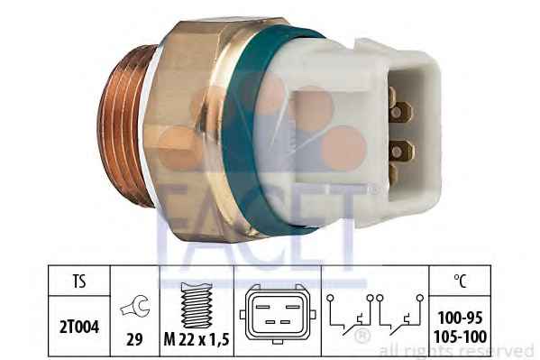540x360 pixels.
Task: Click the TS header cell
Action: pos(79,281)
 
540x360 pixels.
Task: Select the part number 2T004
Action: pos(79,327)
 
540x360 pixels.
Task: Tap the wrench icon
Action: pos(135,307)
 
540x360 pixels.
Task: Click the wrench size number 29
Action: pos(134,340)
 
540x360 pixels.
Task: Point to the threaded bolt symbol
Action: pos(197,305)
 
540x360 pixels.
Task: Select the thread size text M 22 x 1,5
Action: pos(197,340)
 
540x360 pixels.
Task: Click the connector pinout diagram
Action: pos(278,314)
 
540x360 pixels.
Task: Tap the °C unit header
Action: pos(460,281)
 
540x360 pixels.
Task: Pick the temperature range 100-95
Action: pos(460,318)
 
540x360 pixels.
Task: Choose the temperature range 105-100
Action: pos(460,337)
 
